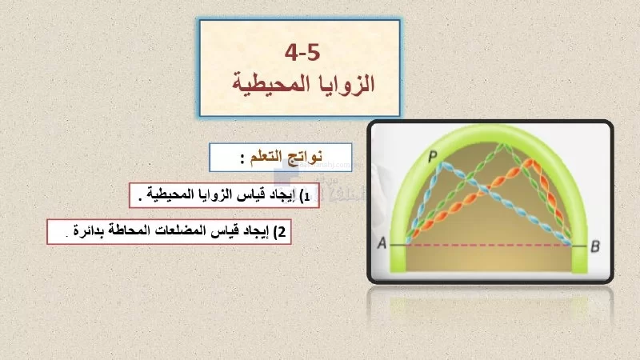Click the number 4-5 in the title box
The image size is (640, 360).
pos(302,53)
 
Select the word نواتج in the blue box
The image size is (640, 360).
pos(306,157)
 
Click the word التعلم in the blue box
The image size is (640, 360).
pos(266,156)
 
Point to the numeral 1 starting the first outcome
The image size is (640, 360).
pos(306,197)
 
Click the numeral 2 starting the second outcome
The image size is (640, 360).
pos(282,232)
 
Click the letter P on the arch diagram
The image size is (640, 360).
pos(432,155)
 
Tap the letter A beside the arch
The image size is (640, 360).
pos(382,243)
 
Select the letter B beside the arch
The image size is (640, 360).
pos(595,246)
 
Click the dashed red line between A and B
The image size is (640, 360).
pos(489,246)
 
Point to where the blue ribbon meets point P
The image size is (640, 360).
pos(441,165)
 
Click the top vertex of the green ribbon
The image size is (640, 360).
pos(503,145)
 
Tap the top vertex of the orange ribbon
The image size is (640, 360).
pos(530,162)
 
